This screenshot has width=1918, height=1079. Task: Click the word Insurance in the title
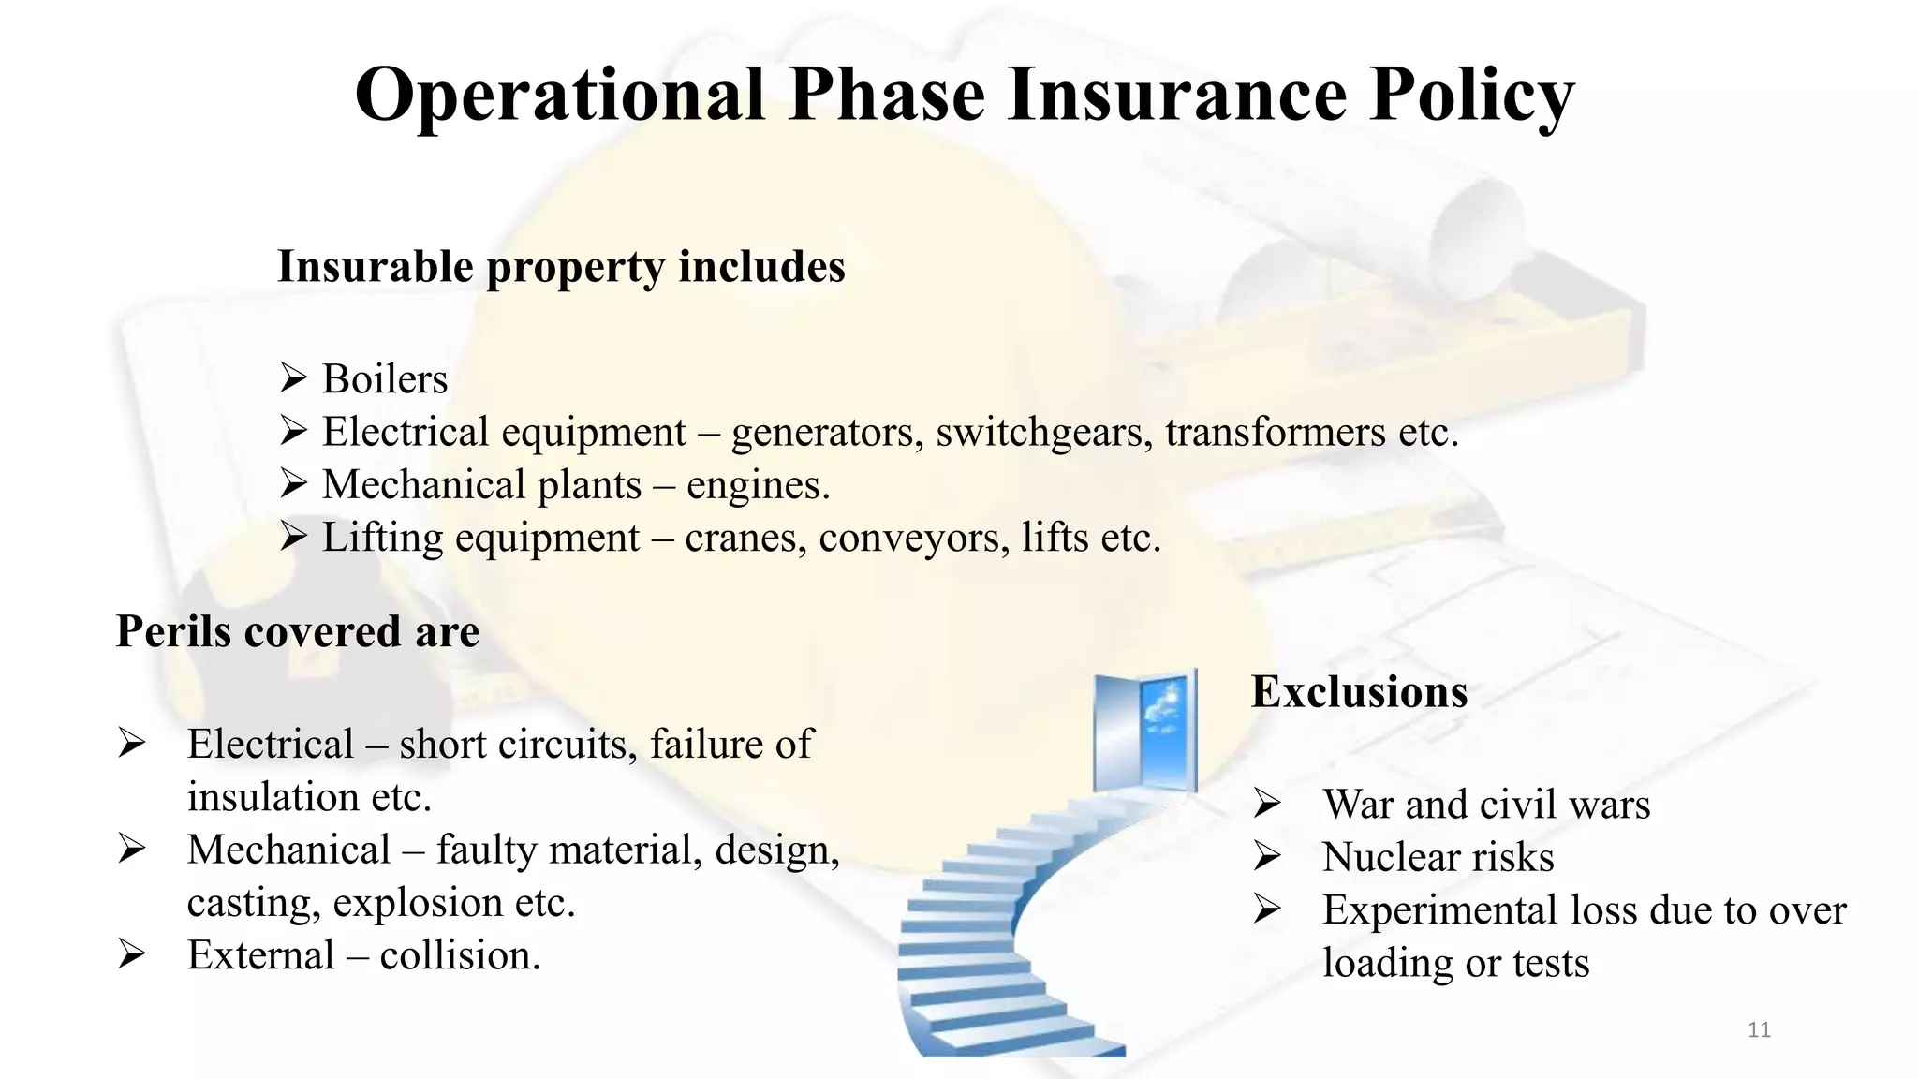point(1176,95)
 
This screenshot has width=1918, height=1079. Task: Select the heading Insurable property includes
point(561,267)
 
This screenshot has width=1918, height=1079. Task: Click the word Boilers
point(385,379)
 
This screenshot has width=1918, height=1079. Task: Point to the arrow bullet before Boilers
point(293,378)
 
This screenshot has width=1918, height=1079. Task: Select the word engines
point(758,486)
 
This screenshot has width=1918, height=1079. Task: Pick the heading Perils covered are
point(297,631)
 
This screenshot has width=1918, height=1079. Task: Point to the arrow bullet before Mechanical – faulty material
point(132,850)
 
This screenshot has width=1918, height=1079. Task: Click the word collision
point(459,955)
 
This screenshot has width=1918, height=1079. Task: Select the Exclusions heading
point(1359,692)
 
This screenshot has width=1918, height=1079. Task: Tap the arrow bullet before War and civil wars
point(1267,804)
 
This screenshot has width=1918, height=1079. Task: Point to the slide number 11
point(1759,1030)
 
